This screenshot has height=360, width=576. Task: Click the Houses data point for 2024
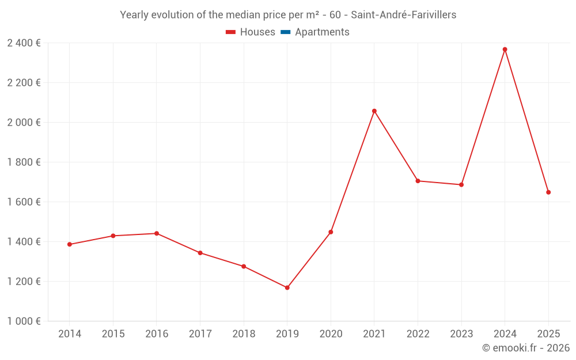click(505, 50)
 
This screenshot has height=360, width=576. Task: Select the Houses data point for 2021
click(374, 111)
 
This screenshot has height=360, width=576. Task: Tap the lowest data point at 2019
click(287, 287)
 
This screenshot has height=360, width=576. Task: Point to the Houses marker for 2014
click(70, 244)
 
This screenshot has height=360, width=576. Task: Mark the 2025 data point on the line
click(548, 192)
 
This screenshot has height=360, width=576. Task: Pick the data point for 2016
click(157, 233)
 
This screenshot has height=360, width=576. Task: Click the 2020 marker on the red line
click(331, 232)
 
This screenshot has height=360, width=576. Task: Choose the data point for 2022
click(418, 181)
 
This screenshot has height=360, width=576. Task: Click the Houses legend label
click(257, 32)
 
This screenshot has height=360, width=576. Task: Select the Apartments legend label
click(322, 32)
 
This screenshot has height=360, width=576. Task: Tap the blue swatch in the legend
click(285, 32)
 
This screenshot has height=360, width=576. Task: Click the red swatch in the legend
click(230, 32)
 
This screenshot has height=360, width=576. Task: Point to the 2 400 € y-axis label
click(24, 43)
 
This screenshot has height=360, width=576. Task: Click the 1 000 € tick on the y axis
click(24, 321)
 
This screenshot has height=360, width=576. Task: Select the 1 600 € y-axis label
click(24, 202)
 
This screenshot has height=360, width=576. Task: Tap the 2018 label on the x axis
click(244, 334)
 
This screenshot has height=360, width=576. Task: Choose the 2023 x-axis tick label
click(461, 334)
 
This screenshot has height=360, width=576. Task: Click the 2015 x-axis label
click(113, 334)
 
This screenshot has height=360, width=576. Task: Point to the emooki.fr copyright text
click(525, 348)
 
